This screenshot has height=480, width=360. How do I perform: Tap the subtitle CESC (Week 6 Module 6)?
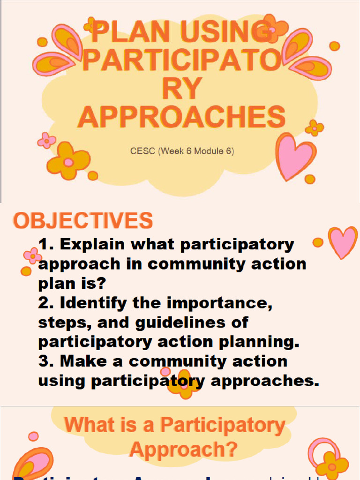click(182, 151)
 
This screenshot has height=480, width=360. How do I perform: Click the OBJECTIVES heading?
click(83, 220)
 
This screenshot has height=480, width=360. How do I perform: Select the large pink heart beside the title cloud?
click(295, 156)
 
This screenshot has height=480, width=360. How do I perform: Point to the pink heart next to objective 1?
click(343, 242)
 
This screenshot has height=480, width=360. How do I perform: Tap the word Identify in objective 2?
click(94, 303)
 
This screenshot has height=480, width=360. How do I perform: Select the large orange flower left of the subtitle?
click(68, 161)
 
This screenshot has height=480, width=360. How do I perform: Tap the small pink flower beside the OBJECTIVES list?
click(33, 255)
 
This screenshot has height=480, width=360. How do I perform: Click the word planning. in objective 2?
click(256, 342)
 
